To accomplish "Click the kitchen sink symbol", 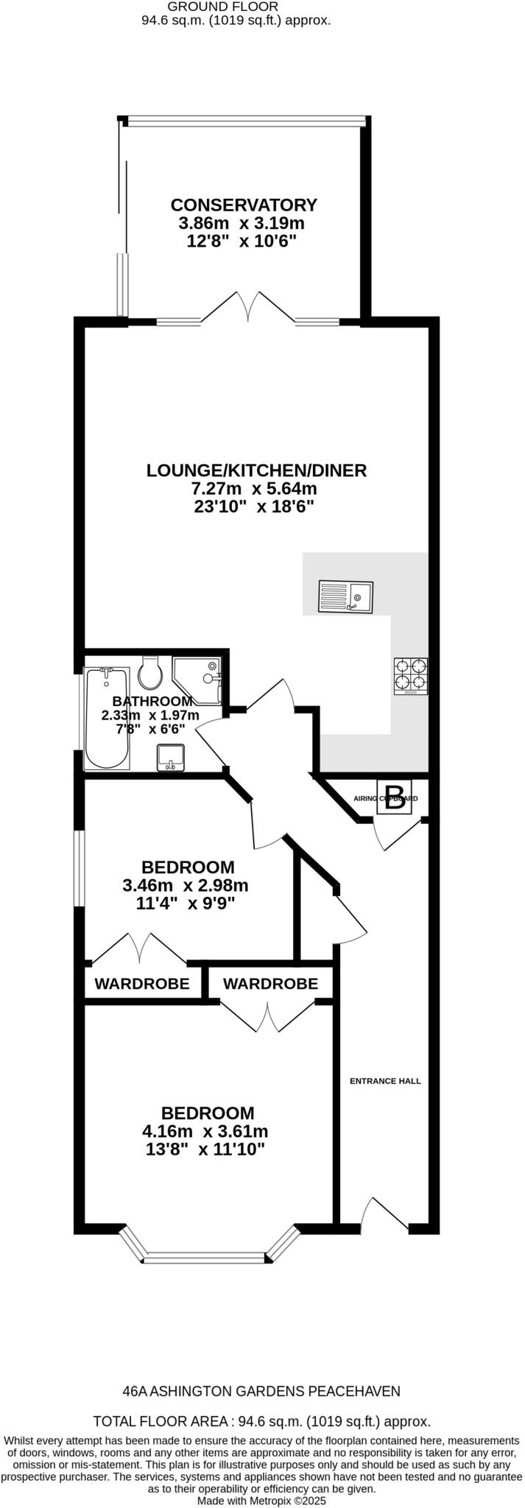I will point(346,596).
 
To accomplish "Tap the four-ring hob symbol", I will point(411,676).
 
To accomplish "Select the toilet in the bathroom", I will point(151,672).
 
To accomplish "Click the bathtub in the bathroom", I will point(108,718).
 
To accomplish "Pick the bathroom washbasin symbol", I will point(171,758).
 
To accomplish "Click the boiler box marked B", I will point(395,797).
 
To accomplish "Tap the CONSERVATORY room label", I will point(244,205).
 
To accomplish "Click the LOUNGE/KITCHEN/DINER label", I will point(256,470).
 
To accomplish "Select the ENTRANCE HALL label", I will point(385,1081).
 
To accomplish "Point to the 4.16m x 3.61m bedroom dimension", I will point(205,1131).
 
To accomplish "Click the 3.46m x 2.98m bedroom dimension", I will point(186,885).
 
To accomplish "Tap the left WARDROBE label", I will point(142,984).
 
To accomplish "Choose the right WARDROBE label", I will point(270,984).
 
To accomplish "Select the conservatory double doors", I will point(248,308).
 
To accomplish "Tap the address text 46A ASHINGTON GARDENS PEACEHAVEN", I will point(261,1391).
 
